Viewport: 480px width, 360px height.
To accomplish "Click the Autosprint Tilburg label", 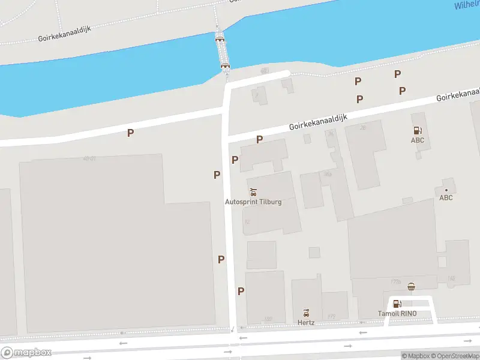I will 253,202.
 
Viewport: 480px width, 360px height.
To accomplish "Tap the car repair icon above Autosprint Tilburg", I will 253,193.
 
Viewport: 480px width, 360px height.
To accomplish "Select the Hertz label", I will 306,323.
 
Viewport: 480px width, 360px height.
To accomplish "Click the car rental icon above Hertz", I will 306,313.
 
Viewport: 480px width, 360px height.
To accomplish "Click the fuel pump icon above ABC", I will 417,130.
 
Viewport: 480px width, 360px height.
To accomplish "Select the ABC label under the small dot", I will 446,197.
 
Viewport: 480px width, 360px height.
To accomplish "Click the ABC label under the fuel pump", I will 417,140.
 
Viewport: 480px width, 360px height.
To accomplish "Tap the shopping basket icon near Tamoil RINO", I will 411,287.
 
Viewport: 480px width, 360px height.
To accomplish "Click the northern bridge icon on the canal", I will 220,38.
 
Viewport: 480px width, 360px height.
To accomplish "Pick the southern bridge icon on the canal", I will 226,65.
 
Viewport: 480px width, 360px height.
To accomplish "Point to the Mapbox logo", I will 26,353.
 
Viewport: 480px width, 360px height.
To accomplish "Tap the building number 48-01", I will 90,158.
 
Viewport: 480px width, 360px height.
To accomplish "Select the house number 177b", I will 395,281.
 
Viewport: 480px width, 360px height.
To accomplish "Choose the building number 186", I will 268,319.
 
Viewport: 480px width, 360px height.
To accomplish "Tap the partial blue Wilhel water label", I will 466,5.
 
